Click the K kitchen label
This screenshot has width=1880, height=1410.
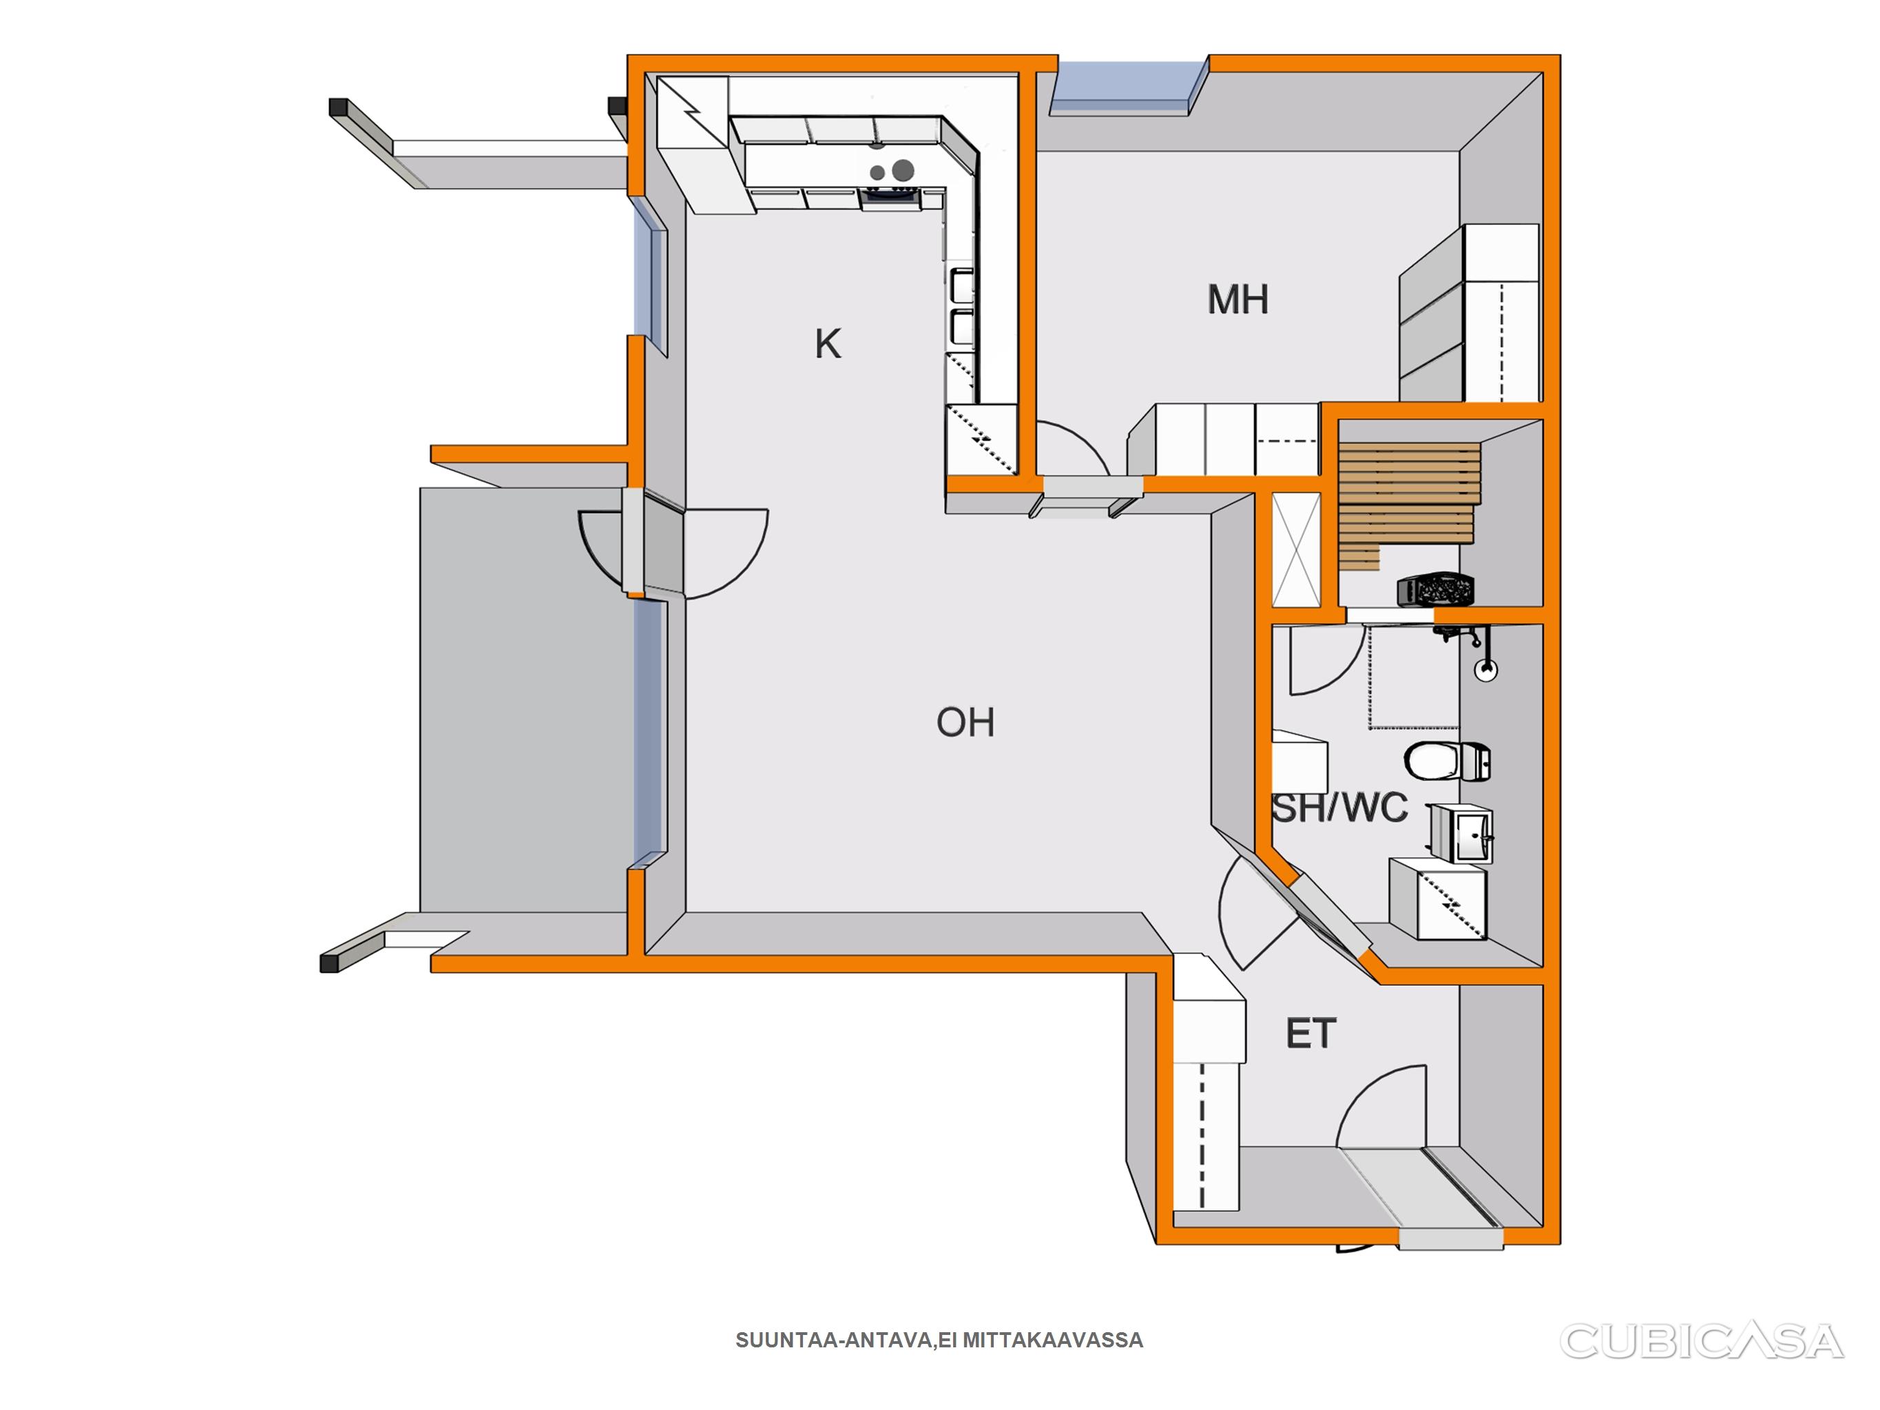pos(828,344)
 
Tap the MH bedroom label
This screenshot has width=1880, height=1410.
pos(1238,300)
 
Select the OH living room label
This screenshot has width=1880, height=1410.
pos(965,722)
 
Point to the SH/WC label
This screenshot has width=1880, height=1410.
pos(1340,808)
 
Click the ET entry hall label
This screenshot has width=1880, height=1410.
pos(1311,1033)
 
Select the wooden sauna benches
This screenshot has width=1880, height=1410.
pos(1408,505)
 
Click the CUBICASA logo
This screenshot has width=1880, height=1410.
pos(1701,1340)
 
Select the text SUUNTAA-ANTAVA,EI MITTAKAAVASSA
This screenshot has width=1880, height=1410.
pos(939,1340)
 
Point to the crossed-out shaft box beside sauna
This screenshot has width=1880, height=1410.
pos(1296,550)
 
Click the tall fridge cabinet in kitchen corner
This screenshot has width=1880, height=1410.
pos(693,145)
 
